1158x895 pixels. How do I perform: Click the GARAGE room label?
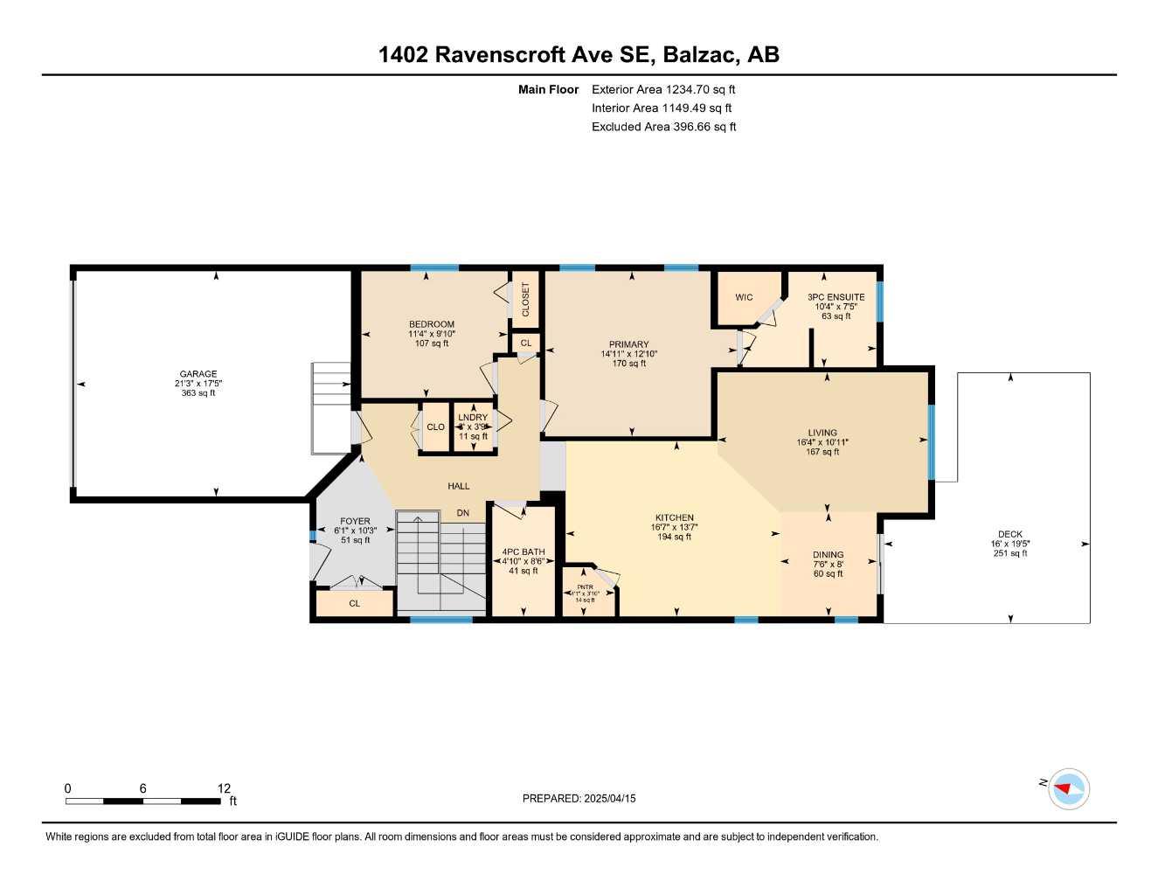(198, 374)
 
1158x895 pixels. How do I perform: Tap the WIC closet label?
(744, 297)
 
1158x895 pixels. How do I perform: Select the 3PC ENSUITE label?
(836, 297)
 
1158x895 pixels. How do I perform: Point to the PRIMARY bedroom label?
(629, 344)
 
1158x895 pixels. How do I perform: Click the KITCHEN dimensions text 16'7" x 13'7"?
(674, 527)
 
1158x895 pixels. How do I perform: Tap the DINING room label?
(828, 554)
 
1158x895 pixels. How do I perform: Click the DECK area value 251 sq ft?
(1009, 553)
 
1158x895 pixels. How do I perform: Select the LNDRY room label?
(473, 418)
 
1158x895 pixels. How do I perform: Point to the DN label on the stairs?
(463, 513)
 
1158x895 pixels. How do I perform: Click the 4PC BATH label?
(524, 552)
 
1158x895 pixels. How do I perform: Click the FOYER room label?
(355, 521)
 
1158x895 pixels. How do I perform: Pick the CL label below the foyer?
(354, 603)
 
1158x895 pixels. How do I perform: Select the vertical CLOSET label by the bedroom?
(525, 300)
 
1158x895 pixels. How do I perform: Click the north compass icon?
(1068, 788)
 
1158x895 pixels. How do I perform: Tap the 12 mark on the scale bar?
(225, 788)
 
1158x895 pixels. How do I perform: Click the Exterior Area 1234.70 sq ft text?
(663, 89)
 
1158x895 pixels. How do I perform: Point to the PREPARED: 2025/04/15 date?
(579, 798)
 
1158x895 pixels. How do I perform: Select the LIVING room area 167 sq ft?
(822, 452)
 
